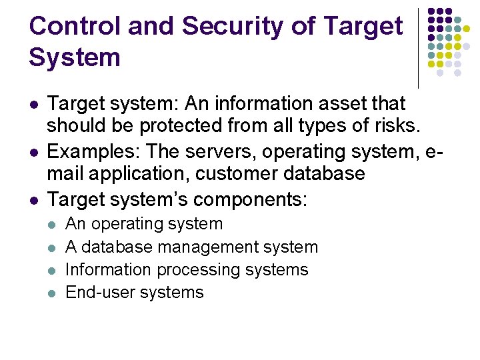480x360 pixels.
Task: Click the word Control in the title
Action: [x=74, y=26]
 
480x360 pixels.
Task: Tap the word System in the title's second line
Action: [x=75, y=57]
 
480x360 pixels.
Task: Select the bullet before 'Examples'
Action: [x=33, y=152]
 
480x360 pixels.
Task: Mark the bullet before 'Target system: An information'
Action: [x=33, y=105]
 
